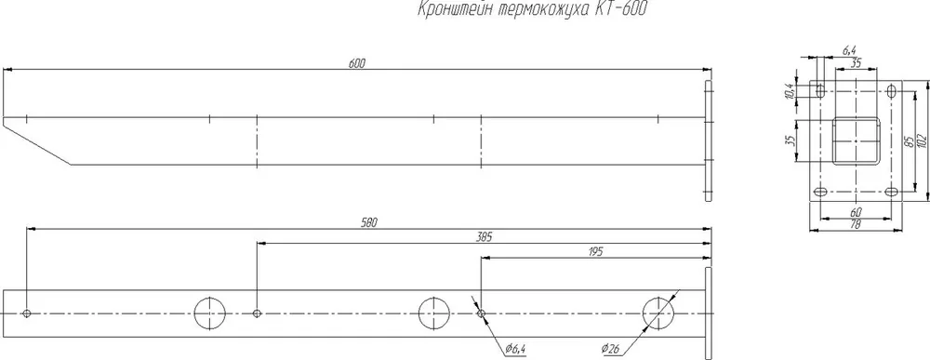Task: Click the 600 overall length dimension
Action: (356, 63)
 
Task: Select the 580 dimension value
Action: (369, 222)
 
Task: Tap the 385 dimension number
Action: (485, 237)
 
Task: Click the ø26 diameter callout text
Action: (610, 349)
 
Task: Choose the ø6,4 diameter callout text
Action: (516, 349)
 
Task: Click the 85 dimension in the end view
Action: (908, 141)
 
